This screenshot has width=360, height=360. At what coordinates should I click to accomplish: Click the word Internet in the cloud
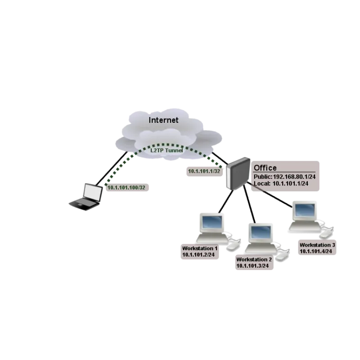click(164, 120)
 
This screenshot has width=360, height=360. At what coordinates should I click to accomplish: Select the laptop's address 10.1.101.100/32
click(126, 188)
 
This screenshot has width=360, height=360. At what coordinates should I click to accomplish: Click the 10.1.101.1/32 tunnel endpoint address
click(204, 171)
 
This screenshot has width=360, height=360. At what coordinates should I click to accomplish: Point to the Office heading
click(265, 168)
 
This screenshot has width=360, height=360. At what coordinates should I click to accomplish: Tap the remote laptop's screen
click(94, 193)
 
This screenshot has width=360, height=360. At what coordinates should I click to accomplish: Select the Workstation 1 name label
click(200, 248)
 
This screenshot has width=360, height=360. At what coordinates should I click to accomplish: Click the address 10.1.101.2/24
click(198, 254)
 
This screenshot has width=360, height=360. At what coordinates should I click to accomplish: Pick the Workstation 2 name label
click(254, 260)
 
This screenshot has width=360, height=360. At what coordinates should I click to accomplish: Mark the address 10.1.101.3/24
click(252, 266)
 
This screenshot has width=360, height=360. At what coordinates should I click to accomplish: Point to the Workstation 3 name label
click(318, 245)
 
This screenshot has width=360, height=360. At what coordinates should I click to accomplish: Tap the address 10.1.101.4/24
click(316, 251)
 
